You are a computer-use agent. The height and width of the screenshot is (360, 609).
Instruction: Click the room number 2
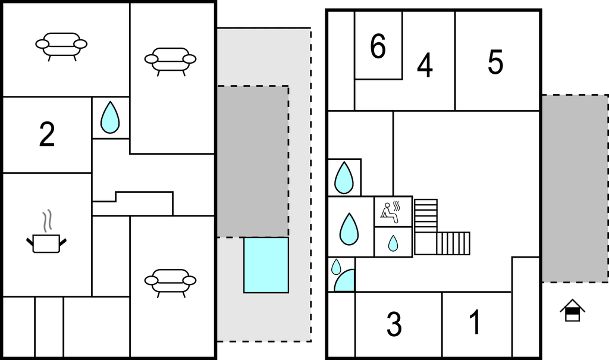point(47,135)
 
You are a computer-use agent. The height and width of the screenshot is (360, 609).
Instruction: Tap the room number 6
point(378,47)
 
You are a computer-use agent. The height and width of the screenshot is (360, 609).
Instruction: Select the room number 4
point(425,65)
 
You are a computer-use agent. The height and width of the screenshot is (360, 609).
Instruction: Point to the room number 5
point(495,62)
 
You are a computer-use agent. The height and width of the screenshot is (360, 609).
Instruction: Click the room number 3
point(394,324)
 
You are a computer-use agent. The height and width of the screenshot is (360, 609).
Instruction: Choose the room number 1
point(475,323)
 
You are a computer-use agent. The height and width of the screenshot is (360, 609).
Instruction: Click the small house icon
point(572,311)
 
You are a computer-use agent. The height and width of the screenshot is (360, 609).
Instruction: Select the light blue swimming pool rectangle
point(266,265)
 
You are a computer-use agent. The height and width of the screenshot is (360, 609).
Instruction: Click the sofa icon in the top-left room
point(61,45)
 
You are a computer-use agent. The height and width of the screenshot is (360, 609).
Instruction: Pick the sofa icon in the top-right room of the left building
point(171,60)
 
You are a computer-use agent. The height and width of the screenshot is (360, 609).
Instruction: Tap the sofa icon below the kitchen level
point(171,281)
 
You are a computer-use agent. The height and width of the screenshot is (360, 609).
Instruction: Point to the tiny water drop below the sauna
point(393,243)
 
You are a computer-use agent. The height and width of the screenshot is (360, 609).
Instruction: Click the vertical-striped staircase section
point(453,243)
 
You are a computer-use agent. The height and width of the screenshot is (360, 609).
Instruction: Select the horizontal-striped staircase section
point(426,215)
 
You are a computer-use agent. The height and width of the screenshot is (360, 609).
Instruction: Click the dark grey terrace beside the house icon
point(575,188)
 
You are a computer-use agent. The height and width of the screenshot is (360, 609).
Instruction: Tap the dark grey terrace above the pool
point(252,161)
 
